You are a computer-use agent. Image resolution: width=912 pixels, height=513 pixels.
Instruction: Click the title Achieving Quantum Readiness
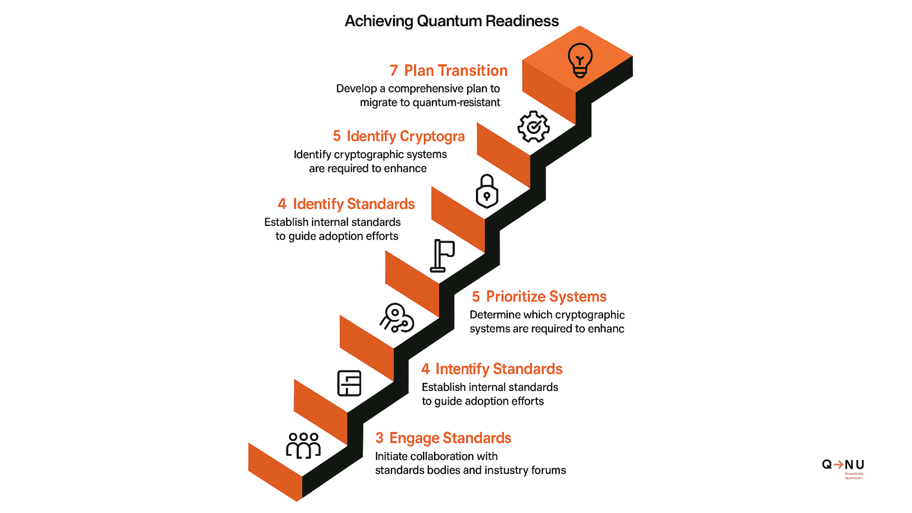[451, 21]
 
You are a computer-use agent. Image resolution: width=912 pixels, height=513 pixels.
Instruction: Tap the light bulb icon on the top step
[580, 60]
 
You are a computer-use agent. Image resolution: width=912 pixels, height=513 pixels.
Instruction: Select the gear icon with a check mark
[533, 127]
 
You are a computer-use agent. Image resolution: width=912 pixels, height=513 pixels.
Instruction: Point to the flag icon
[442, 256]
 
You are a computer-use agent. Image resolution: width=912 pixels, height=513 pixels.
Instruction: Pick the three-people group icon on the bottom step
[303, 445]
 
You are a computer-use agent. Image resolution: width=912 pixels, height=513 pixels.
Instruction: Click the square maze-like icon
[349, 383]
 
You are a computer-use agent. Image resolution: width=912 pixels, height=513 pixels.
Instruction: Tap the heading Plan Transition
[456, 71]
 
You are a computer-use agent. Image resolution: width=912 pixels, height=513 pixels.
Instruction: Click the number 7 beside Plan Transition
[393, 71]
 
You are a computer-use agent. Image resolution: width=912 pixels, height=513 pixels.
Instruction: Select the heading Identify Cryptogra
[406, 136]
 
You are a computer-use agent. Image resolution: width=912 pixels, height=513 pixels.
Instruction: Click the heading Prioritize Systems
[546, 297]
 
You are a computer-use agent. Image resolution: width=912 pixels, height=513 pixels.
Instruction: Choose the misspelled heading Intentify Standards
[499, 369]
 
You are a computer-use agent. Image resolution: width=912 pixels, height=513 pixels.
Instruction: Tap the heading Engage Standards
[450, 438]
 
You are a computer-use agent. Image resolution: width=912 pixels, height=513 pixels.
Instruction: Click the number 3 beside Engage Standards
[379, 438]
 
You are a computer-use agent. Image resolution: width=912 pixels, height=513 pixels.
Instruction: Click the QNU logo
[843, 465]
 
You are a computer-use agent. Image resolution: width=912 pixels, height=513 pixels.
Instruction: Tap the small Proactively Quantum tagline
[854, 476]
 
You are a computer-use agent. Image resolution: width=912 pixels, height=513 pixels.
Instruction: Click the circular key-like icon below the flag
[397, 318]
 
